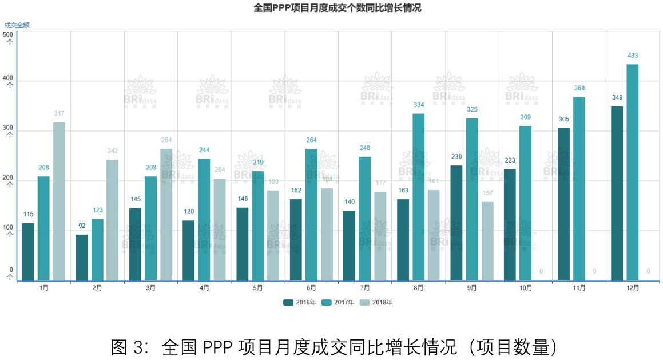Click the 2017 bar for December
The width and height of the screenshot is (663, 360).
632,172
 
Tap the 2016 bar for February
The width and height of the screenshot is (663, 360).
82,258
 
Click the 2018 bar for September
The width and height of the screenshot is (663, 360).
487,241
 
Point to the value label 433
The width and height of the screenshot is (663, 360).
632,56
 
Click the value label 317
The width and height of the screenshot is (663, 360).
59,113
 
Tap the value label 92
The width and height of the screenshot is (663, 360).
82,226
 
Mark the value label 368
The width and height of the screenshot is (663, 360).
579,88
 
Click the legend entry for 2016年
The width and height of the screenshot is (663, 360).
299,302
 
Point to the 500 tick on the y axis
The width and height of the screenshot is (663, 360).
8,34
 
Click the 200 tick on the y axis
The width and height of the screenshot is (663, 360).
8,178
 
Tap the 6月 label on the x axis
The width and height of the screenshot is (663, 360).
311,288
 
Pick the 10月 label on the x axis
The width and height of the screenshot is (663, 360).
526,288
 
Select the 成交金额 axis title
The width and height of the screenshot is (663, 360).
17,25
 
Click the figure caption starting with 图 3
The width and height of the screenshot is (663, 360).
334,347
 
